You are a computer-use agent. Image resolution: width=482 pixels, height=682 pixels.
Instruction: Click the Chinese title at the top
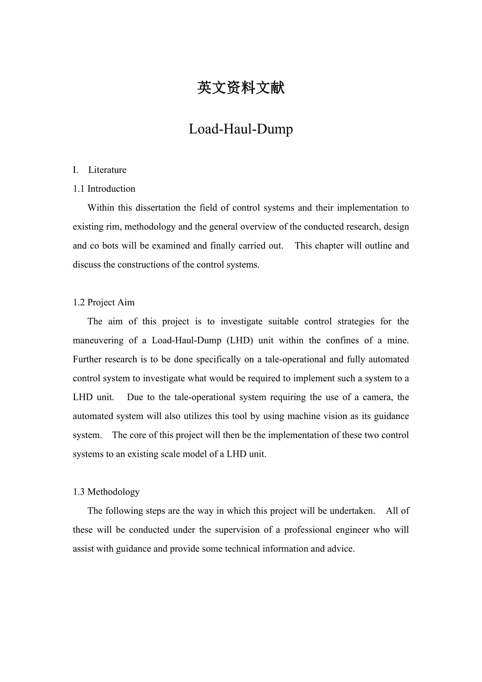pos(241,87)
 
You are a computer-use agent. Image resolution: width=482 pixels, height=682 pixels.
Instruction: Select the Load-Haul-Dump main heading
pos(241,129)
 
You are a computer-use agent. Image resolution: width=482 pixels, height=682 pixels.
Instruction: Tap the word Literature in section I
pos(107,170)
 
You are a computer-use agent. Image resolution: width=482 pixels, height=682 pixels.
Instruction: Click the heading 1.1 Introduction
pos(104,189)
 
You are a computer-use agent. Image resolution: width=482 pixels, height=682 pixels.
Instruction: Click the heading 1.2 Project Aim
pos(104,302)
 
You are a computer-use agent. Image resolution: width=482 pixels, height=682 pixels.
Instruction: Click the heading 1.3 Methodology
pos(106,492)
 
